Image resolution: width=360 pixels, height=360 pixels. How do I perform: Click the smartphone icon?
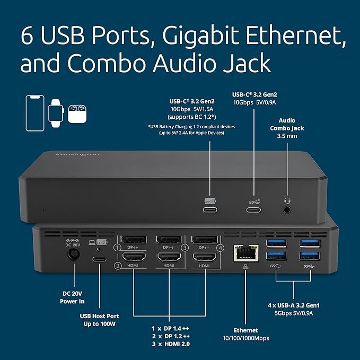[36, 113]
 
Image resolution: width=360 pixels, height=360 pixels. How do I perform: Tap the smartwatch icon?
[55, 112]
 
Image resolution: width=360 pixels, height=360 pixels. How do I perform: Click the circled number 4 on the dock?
[221, 247]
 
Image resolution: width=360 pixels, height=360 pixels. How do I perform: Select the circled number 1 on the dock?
[110, 248]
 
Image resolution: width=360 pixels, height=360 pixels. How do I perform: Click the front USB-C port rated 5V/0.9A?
[253, 209]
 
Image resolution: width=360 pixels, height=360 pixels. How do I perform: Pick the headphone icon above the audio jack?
[288, 200]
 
